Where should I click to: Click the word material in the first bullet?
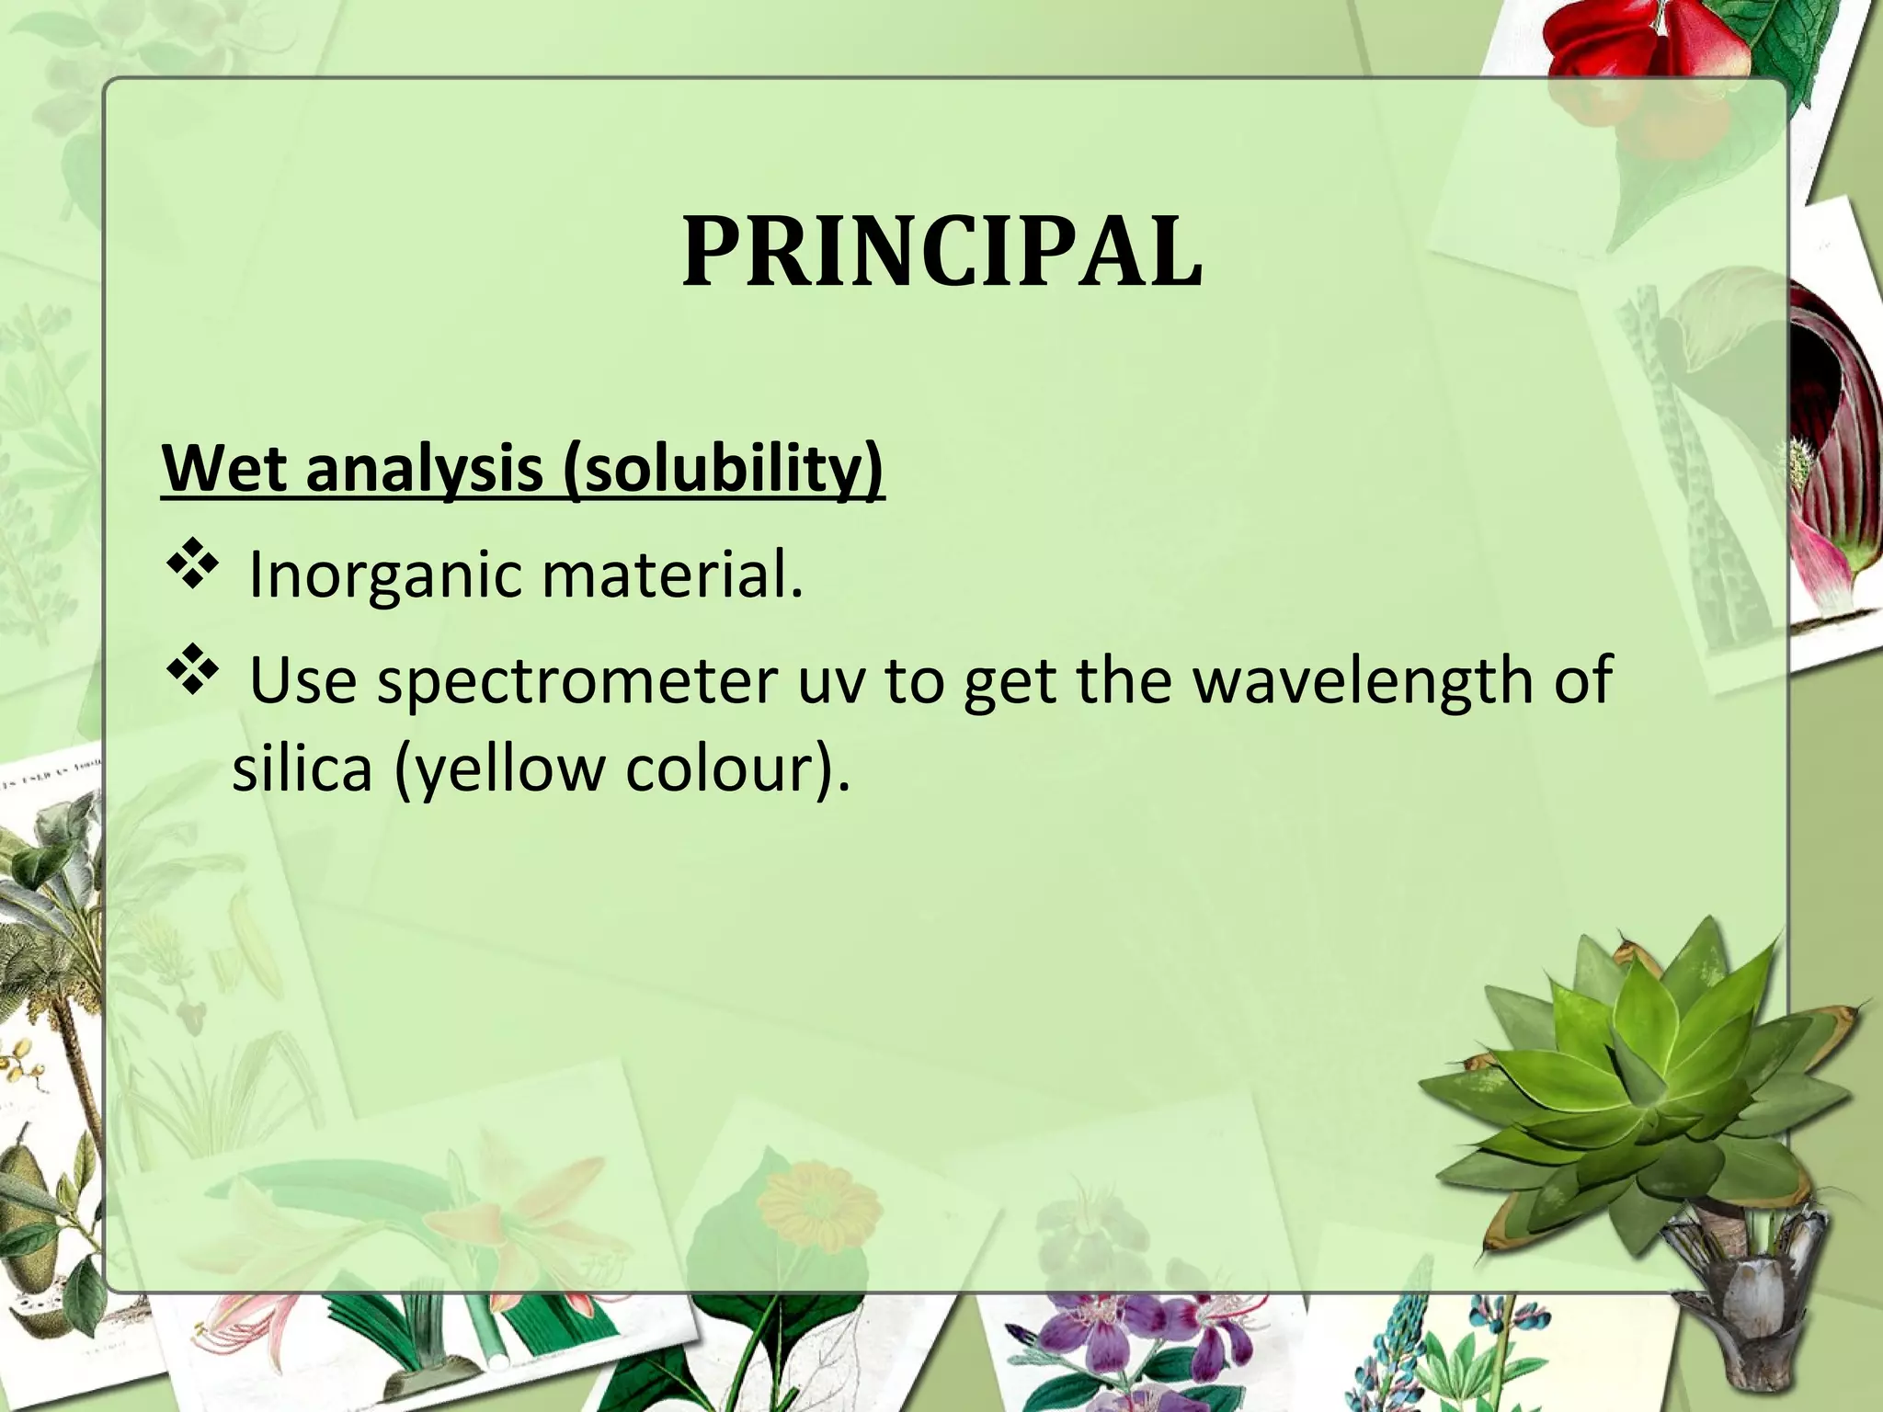pos(671,575)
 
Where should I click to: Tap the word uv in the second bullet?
pos(832,681)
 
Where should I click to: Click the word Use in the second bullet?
pos(302,681)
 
